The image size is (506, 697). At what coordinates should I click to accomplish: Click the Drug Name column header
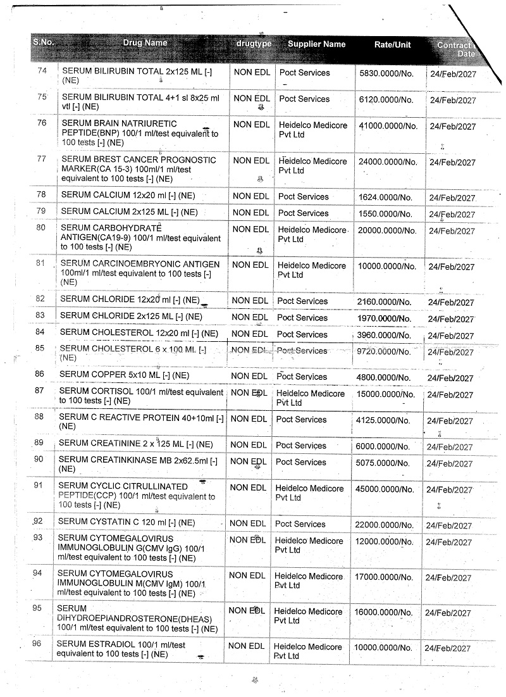coord(145,43)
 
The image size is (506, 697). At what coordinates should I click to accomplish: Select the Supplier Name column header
coord(316,44)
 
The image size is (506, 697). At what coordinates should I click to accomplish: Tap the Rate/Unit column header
coord(392,45)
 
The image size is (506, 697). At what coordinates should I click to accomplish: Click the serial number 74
coord(42,71)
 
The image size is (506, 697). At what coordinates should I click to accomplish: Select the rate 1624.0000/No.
coord(385,198)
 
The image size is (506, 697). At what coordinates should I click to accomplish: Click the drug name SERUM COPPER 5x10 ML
coord(124,375)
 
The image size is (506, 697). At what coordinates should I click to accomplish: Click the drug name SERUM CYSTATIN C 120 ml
coord(126,522)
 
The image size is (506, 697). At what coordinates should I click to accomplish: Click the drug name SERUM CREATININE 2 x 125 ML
coord(135,444)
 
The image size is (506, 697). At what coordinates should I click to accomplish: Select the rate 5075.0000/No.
coord(385,463)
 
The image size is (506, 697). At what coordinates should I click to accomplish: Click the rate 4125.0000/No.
coord(385,420)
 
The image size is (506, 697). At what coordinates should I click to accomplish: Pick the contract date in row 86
coord(450,378)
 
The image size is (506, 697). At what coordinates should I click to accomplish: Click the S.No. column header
coord(44,42)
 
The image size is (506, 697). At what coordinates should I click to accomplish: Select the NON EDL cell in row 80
coord(251,229)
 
